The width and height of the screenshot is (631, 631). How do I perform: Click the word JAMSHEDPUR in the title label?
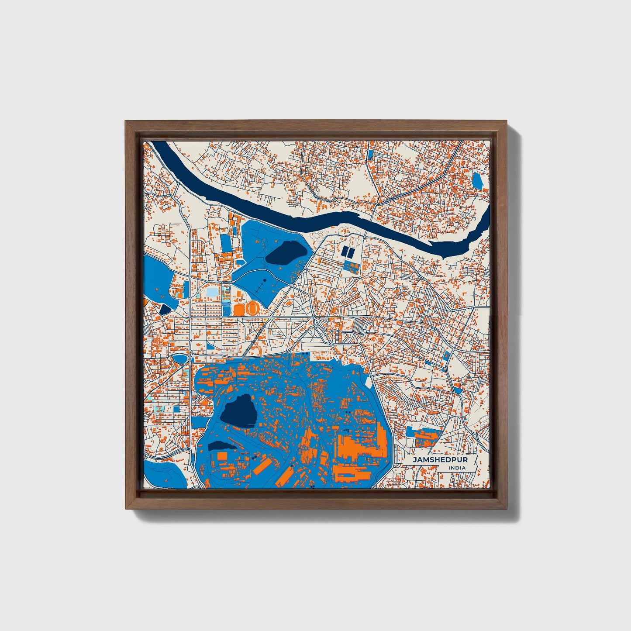pos(434,460)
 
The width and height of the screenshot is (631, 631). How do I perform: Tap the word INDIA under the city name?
pos(457,468)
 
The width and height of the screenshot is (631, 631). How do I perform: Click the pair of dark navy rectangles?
pos(348,252)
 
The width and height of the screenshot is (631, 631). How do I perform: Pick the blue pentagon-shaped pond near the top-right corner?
pos(477,180)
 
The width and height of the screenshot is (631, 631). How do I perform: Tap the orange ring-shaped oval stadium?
pos(252,308)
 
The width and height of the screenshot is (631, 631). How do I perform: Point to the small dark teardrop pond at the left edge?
pos(166,309)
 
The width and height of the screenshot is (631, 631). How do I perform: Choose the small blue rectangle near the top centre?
pos(371,154)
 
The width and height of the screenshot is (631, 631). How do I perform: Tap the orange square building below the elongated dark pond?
pos(222,455)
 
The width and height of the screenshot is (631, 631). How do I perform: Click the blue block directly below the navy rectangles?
pos(351,266)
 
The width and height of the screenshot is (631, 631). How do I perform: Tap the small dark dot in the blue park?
pos(264,280)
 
